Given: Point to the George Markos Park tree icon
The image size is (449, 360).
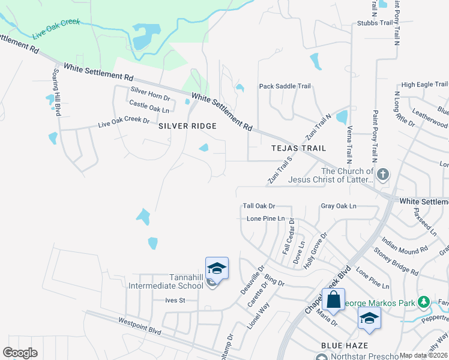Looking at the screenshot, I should (x=424, y=301).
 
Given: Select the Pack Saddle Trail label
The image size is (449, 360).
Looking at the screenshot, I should (x=285, y=86).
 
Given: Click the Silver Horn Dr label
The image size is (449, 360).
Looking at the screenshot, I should (x=151, y=98).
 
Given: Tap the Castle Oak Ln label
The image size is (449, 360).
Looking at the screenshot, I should (x=149, y=109).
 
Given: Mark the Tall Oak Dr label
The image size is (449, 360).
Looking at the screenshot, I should (x=259, y=206).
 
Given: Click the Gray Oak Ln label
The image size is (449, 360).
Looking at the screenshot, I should (x=339, y=206).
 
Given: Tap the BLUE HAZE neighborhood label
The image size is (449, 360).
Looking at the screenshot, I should (x=340, y=346).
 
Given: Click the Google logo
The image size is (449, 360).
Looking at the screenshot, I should (x=20, y=353).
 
